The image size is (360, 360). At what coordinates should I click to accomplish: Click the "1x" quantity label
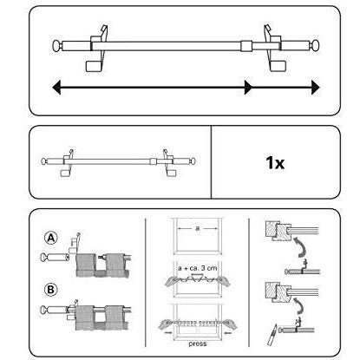(x=275, y=163)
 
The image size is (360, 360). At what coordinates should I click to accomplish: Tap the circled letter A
(x=51, y=239)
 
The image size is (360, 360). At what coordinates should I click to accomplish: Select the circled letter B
(x=51, y=290)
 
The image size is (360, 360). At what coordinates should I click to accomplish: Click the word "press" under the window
(x=198, y=344)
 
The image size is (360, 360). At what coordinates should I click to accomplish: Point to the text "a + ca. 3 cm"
(x=198, y=268)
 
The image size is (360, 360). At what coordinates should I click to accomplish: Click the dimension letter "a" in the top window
(x=198, y=228)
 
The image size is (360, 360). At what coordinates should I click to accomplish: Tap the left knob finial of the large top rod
(x=57, y=46)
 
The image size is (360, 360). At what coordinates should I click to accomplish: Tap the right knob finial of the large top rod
(x=314, y=46)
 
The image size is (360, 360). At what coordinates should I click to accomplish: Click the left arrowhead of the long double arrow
(x=56, y=88)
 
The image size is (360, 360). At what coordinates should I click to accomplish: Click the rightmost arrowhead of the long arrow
(x=316, y=88)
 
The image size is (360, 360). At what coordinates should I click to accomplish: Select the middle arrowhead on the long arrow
(x=248, y=88)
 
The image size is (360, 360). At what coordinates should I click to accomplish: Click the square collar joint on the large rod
(x=246, y=46)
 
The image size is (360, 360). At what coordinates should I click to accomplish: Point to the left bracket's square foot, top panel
(x=93, y=66)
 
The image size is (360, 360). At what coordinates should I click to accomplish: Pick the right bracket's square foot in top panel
(x=279, y=66)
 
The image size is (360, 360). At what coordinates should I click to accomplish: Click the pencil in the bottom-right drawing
(x=272, y=336)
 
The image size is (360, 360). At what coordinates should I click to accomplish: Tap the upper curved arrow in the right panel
(x=301, y=246)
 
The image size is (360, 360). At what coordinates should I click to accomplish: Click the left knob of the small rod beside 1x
(x=44, y=161)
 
